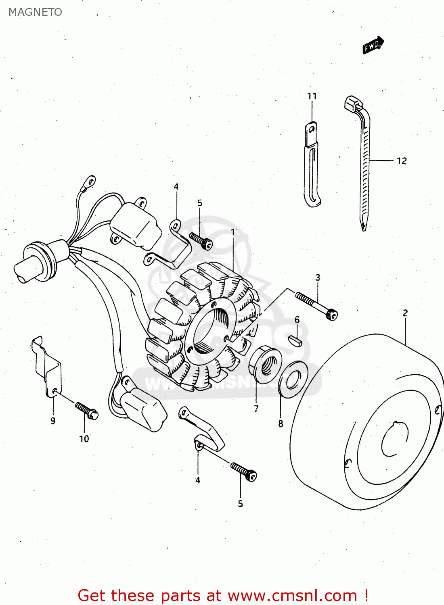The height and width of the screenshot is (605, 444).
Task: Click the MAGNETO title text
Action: pyautogui.click(x=35, y=12)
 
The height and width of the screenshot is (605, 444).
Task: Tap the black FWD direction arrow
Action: pyautogui.click(x=373, y=45)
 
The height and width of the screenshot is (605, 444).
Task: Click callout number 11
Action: pyautogui.click(x=312, y=96)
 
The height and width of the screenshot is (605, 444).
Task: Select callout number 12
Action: pyautogui.click(x=402, y=161)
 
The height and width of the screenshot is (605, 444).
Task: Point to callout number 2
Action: pyautogui.click(x=405, y=313)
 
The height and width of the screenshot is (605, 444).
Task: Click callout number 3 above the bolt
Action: pyautogui.click(x=318, y=277)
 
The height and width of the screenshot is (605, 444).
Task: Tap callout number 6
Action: pyautogui.click(x=297, y=320)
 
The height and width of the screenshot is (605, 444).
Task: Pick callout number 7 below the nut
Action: pyautogui.click(x=256, y=409)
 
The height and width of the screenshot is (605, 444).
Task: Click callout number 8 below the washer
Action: pyautogui.click(x=281, y=424)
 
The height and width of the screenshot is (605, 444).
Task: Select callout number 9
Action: pyautogui.click(x=53, y=421)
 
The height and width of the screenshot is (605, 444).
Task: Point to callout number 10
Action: pyautogui.click(x=84, y=439)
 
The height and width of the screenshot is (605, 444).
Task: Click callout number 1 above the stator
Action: pyautogui.click(x=232, y=232)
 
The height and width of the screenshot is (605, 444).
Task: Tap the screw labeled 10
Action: pyautogui.click(x=87, y=410)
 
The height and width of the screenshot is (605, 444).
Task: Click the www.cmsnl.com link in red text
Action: pyautogui.click(x=292, y=596)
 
